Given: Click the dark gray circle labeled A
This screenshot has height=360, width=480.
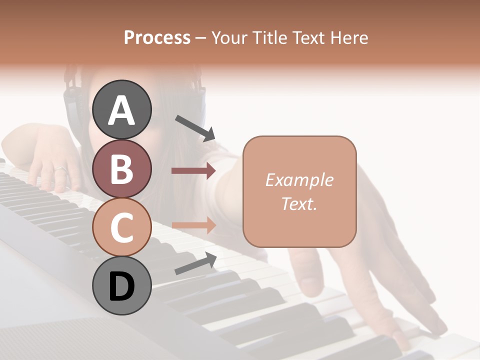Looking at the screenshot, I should [x=121, y=109].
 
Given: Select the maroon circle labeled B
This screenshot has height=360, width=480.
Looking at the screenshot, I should [x=121, y=168].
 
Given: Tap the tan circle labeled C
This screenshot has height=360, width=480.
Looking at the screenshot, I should [x=121, y=227].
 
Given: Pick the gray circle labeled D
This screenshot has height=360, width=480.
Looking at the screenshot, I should [x=121, y=286].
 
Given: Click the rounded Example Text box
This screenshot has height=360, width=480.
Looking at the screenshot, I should [x=299, y=191].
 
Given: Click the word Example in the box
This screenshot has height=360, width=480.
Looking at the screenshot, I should [x=299, y=180].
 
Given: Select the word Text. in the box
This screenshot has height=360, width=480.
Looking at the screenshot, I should [x=299, y=204].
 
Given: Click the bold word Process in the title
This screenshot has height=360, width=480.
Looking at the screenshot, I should [x=157, y=37].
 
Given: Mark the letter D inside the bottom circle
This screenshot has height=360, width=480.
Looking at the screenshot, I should [x=121, y=287].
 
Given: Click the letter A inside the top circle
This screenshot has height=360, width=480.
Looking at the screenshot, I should [x=121, y=110].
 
